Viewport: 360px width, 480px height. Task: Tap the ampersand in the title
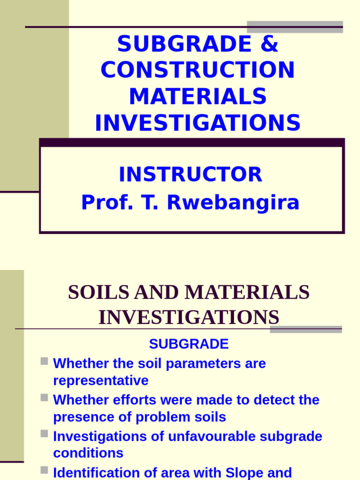(268, 45)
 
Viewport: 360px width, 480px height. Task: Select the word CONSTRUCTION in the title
(197, 70)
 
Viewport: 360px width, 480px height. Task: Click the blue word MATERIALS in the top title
(197, 97)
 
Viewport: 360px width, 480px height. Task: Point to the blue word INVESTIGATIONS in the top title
(197, 123)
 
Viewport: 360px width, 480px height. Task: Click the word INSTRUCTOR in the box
(190, 175)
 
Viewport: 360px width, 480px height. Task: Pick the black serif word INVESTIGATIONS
(189, 317)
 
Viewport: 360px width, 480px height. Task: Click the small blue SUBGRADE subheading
(188, 344)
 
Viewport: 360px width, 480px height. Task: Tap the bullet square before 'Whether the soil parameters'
(44, 361)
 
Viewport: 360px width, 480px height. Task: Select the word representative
(101, 380)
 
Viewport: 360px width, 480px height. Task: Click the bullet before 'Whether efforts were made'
(44, 397)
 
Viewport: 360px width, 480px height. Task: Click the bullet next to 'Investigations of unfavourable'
(44, 434)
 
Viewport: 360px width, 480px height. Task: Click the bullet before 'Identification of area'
(44, 470)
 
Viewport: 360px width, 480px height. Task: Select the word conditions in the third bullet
(88, 453)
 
